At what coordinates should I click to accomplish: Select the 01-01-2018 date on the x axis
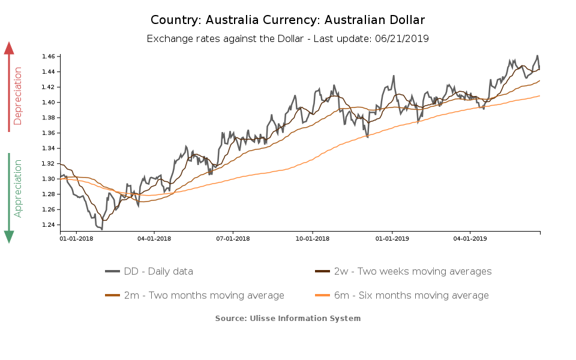pyautogui.click(x=76, y=238)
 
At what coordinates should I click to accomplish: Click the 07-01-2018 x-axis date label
pyautogui.click(x=233, y=238)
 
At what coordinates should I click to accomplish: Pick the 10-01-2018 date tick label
pyautogui.click(x=313, y=238)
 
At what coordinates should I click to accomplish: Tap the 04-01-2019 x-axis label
pyautogui.click(x=470, y=238)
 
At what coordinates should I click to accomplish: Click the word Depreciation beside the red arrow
pyautogui.click(x=17, y=96)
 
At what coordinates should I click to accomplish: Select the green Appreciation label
pyautogui.click(x=17, y=188)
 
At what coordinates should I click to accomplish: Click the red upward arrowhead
pyautogui.click(x=9, y=48)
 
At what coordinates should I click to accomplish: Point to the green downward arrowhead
pyautogui.click(x=9, y=236)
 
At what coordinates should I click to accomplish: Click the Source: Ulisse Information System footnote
pyautogui.click(x=288, y=318)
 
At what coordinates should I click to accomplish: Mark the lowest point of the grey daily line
pyautogui.click(x=102, y=229)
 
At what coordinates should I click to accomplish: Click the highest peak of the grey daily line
pyautogui.click(x=538, y=56)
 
